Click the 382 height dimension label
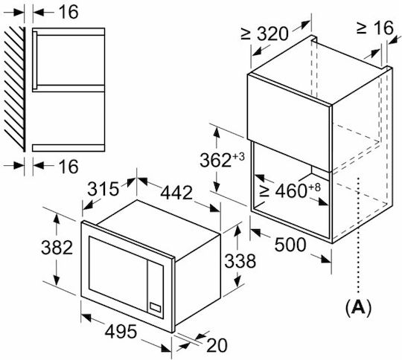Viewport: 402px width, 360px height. pos(57,248)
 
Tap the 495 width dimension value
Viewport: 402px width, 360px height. pos(121,332)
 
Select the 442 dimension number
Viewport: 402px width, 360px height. pos(176,193)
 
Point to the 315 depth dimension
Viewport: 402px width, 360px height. pos(103,189)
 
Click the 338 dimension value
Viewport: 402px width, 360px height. pos(240,261)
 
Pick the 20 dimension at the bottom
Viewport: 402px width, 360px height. pos(217,345)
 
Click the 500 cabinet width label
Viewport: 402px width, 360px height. pos(290,245)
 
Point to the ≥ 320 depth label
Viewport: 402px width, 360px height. pos(265,33)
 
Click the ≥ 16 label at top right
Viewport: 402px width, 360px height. pos(374,28)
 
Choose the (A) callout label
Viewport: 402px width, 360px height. pos(358,307)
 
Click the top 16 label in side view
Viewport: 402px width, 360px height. pos(68,12)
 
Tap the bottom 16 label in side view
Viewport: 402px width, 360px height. pos(68,167)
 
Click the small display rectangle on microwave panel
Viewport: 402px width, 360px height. pos(156,307)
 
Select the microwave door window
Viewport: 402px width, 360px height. pos(118,274)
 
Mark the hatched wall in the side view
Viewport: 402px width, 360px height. pos(15,89)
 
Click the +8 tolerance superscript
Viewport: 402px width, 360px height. pos(315,187)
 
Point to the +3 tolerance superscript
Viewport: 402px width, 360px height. pos(238,156)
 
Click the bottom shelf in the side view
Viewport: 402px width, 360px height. pos(68,148)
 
